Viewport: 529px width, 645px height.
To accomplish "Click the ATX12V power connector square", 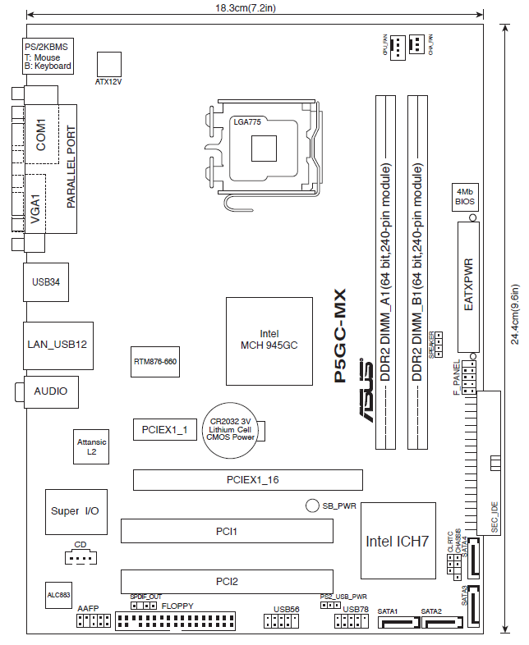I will pyautogui.click(x=109, y=64).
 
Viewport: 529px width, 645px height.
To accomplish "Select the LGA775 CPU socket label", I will pyautogui.click(x=248, y=121).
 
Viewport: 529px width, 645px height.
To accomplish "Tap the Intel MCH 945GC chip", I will pyautogui.click(x=269, y=339).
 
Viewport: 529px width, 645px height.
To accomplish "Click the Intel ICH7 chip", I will pyautogui.click(x=398, y=541).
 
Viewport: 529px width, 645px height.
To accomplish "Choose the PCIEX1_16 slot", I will pyautogui.click(x=248, y=480).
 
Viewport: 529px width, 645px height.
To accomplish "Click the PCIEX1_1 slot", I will pyautogui.click(x=165, y=428).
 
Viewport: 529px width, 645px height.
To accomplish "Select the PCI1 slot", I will pyautogui.click(x=227, y=532).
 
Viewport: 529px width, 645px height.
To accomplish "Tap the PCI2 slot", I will pyautogui.click(x=227, y=581).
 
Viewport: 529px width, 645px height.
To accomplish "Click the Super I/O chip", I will pyautogui.click(x=75, y=511).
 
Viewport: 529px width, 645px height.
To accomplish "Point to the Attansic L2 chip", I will pyautogui.click(x=91, y=447).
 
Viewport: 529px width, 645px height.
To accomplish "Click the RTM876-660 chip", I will pyautogui.click(x=155, y=361).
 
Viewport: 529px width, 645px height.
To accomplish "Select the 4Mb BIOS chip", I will pyautogui.click(x=466, y=196).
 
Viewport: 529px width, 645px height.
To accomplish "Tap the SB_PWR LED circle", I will pyautogui.click(x=312, y=506).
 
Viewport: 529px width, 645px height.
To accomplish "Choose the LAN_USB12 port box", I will pyautogui.click(x=57, y=345).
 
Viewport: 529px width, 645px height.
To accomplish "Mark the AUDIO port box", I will pyautogui.click(x=51, y=391).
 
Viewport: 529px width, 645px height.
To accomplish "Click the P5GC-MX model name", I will pyautogui.click(x=340, y=336).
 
